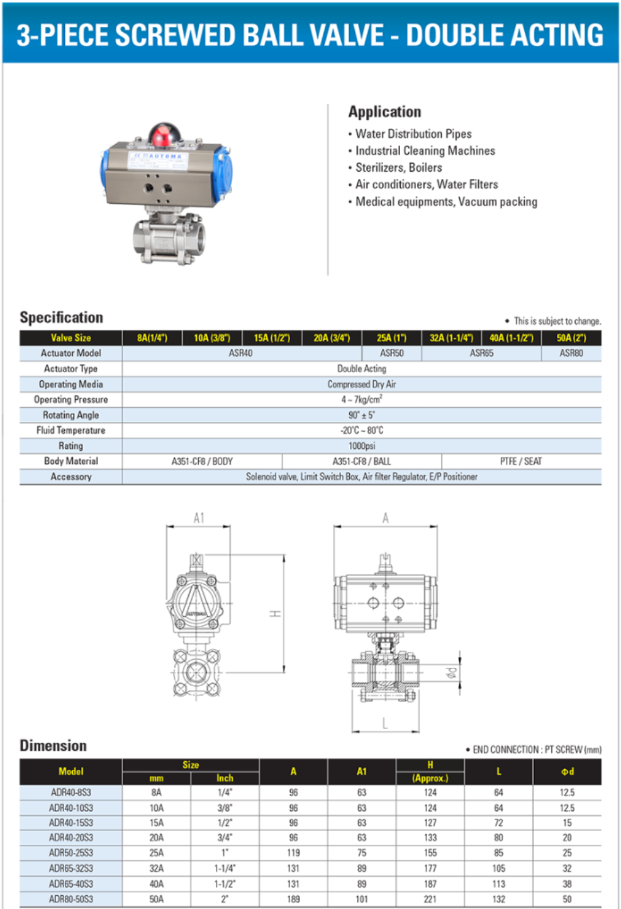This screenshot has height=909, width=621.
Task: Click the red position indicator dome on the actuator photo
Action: pyautogui.click(x=165, y=134)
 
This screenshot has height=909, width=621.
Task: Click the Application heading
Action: pyautogui.click(x=384, y=112)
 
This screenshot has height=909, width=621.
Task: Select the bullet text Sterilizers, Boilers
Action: pyautogui.click(x=398, y=167)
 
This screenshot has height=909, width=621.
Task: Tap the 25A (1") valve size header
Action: pyautogui.click(x=391, y=338)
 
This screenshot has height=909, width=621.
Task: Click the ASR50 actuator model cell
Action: pyautogui.click(x=391, y=353)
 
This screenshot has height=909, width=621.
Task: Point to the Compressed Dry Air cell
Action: pyautogui.click(x=361, y=384)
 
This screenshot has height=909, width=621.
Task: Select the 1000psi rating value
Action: pyautogui.click(x=361, y=446)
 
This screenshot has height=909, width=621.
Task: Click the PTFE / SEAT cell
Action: pyautogui.click(x=520, y=461)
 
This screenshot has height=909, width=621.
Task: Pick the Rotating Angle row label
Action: pyautogui.click(x=70, y=415)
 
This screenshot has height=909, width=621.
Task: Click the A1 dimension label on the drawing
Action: pyautogui.click(x=199, y=518)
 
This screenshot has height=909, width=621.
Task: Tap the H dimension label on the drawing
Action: pyautogui.click(x=276, y=613)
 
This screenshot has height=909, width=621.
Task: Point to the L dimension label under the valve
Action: pyautogui.click(x=384, y=723)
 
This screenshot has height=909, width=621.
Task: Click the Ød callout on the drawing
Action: pyautogui.click(x=451, y=672)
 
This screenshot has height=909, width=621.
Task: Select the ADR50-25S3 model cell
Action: pyautogui.click(x=70, y=853)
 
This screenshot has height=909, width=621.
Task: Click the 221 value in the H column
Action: pyautogui.click(x=430, y=899)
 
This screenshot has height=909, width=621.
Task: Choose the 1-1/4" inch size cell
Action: pyautogui.click(x=225, y=868)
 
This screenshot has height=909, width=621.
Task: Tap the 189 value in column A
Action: pyautogui.click(x=293, y=899)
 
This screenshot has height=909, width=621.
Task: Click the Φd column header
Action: pyautogui.click(x=567, y=771)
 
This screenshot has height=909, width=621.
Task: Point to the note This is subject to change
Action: pyautogui.click(x=557, y=321)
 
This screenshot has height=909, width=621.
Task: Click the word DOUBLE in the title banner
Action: pyautogui.click(x=452, y=35)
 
